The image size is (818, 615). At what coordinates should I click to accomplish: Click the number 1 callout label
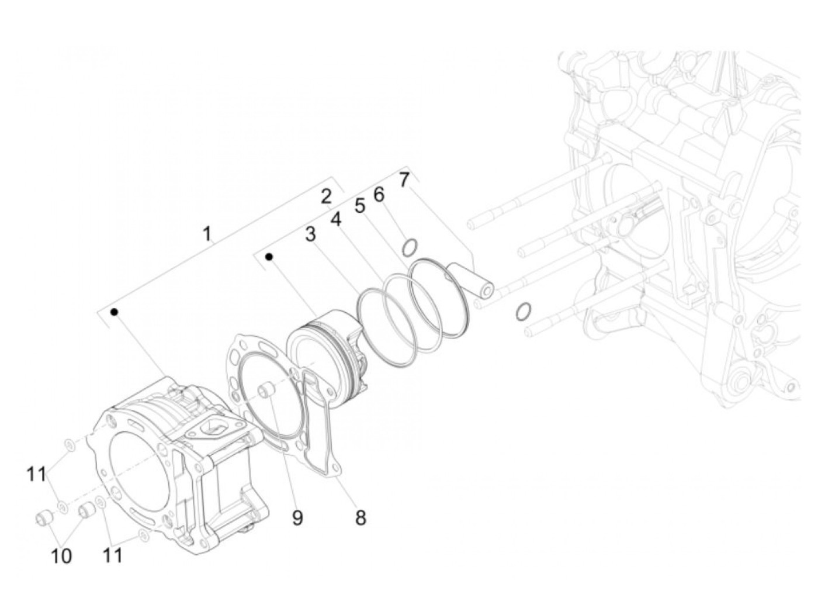(x=206, y=234)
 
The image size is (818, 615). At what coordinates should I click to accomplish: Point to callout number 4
(x=336, y=219)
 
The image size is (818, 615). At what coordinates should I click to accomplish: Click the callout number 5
(x=359, y=206)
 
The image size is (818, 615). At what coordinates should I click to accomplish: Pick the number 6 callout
(x=379, y=194)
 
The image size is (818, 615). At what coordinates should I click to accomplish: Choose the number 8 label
(x=361, y=517)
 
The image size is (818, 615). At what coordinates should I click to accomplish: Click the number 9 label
(x=297, y=518)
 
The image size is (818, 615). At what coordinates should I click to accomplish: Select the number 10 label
(x=61, y=557)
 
